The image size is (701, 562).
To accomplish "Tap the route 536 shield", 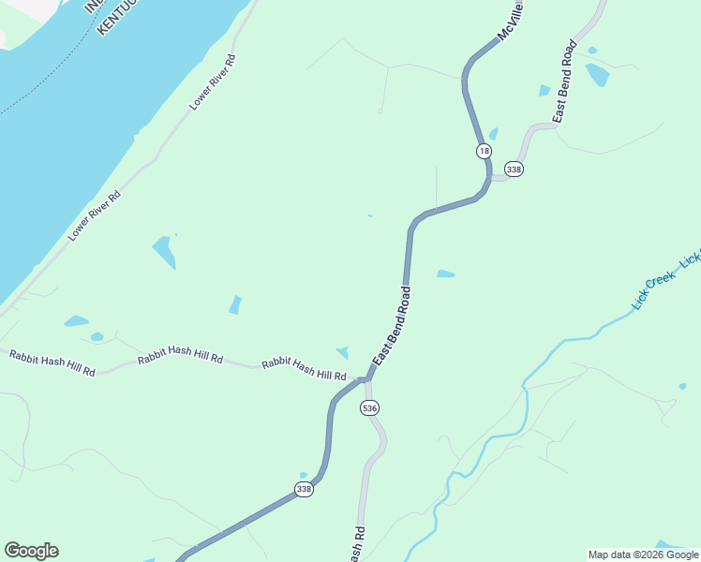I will (369, 408).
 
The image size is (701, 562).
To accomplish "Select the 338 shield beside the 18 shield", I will (513, 170).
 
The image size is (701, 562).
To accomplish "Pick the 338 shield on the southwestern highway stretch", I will (304, 489).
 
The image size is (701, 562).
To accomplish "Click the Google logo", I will (31, 551).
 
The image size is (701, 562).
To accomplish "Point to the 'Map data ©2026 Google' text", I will (643, 555).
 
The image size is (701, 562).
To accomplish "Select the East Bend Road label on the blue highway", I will (392, 327).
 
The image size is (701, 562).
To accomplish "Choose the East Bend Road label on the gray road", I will (564, 82).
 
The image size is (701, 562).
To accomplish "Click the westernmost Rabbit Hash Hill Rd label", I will (52, 362).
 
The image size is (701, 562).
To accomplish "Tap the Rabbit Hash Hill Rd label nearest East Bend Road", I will (304, 369).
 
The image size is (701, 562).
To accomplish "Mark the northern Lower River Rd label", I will (214, 82).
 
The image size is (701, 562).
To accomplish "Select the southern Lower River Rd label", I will (95, 216).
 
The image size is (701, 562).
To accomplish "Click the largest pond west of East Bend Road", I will (164, 251).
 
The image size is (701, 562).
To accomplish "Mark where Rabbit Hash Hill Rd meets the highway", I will (363, 379).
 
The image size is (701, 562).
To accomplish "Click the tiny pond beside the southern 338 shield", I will (303, 475).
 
